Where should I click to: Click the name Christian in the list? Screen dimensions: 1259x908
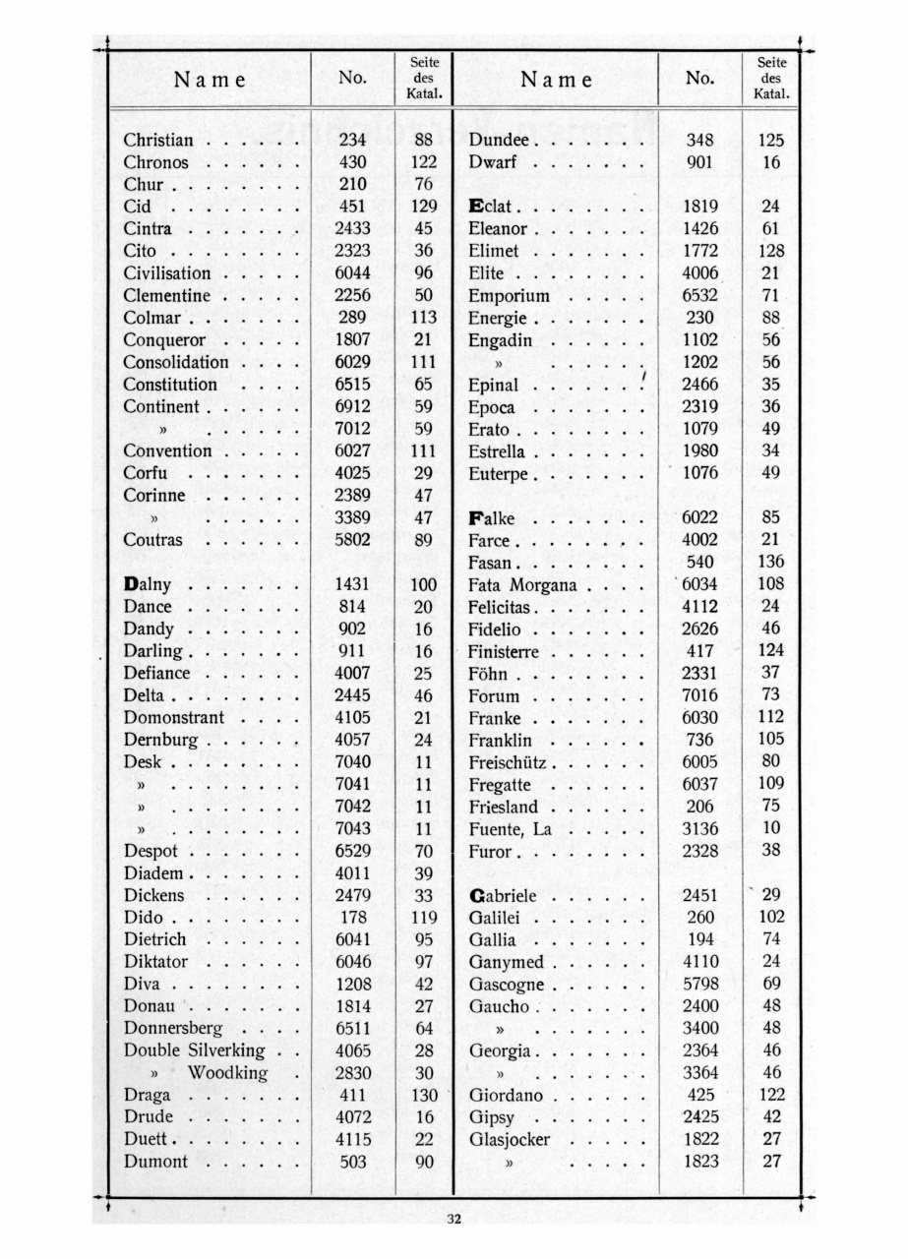click(158, 141)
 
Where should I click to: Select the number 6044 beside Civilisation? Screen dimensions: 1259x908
click(351, 273)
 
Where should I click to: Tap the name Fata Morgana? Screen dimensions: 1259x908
click(522, 585)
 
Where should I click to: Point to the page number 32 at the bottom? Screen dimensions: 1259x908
click(454, 1221)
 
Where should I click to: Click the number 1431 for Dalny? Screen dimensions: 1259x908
click(351, 584)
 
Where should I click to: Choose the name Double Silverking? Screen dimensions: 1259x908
click(194, 1049)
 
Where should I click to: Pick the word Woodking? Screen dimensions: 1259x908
click(227, 1072)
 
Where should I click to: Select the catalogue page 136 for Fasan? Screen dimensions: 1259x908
click(771, 563)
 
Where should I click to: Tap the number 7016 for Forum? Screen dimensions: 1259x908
click(699, 696)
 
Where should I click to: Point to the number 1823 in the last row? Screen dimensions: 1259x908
click(700, 1162)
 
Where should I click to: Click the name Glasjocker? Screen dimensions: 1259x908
click(510, 1140)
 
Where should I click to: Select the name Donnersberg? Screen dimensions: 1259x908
click(173, 1028)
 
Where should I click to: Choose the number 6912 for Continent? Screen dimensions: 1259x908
click(351, 406)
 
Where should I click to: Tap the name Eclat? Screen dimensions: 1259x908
click(491, 208)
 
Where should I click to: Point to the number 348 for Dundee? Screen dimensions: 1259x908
click(699, 141)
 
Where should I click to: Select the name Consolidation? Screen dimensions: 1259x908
click(176, 362)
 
